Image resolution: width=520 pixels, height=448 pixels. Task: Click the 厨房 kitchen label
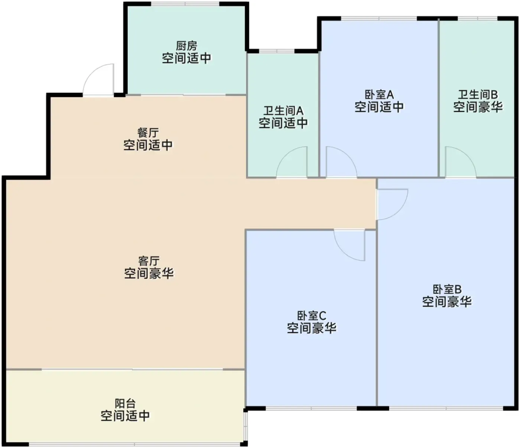tap(186, 46)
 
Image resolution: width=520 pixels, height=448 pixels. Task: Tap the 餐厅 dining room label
tap(148, 133)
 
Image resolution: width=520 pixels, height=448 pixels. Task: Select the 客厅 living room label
tap(149, 261)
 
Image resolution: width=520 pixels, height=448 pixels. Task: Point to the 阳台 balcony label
tap(125, 403)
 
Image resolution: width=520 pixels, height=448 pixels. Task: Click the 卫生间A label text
tap(283, 111)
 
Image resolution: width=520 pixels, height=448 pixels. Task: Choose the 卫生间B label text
tap(478, 95)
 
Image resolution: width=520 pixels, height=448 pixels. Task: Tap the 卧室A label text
tap(379, 95)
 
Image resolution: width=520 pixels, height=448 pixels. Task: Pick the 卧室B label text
tap(447, 289)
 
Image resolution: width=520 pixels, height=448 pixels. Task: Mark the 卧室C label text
tap(312, 315)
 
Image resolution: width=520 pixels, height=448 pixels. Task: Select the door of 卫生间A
tap(292, 162)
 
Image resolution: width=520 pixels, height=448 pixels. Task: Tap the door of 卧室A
tap(341, 162)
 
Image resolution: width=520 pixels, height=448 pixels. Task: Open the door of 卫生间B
tap(461, 162)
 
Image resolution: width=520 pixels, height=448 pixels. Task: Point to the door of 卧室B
tap(392, 204)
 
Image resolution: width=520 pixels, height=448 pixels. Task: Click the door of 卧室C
tap(349, 245)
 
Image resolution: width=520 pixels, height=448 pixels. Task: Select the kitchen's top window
tap(185, 4)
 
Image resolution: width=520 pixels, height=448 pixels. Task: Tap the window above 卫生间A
tap(276, 51)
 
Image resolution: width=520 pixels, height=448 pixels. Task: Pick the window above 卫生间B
tap(478, 18)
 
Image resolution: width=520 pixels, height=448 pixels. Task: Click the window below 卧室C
tap(311, 408)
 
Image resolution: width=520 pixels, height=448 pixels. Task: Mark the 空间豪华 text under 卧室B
tap(447, 302)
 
